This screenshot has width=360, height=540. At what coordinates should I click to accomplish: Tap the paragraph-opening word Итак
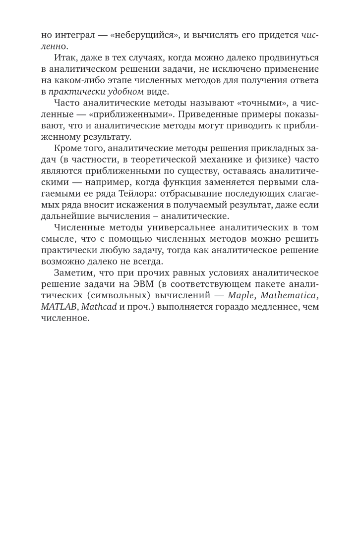coord(64,58)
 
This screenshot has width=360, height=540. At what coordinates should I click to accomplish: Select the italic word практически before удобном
coord(74,91)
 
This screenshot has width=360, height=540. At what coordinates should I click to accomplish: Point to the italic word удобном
coord(119,91)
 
